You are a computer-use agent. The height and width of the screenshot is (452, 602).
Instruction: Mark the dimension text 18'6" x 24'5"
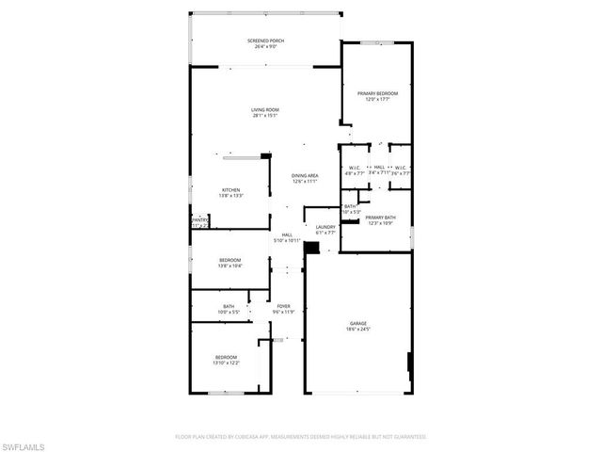click(357, 330)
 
